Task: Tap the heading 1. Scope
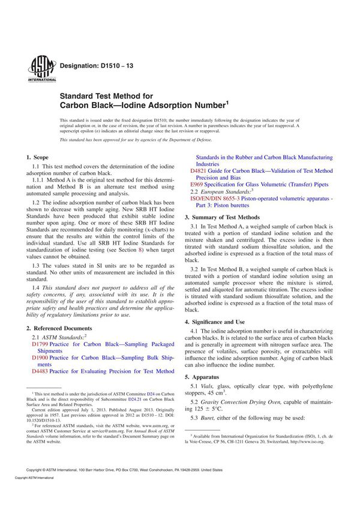tap(41, 155)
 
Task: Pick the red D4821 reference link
tap(198, 171)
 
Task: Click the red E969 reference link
tap(197, 184)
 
